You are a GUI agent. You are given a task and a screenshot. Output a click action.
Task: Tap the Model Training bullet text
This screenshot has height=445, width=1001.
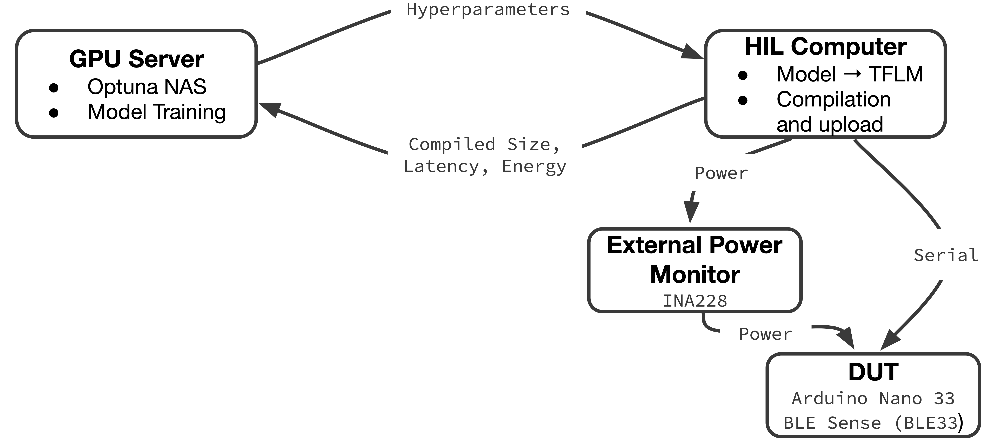click(x=157, y=112)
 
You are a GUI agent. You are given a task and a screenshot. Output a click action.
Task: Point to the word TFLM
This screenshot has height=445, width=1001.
click(x=896, y=74)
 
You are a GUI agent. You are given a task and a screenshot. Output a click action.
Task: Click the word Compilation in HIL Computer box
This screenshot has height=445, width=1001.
click(x=833, y=99)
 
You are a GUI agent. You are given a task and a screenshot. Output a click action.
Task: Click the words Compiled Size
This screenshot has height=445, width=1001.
click(x=484, y=145)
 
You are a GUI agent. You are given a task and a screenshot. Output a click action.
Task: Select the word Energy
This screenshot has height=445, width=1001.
click(x=534, y=166)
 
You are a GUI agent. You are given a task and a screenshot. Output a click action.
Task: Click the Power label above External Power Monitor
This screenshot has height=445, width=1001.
click(x=721, y=173)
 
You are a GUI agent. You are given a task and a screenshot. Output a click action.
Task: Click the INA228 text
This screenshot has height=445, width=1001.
click(x=695, y=301)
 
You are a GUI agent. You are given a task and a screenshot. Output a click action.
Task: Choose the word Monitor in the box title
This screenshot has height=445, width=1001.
click(x=695, y=275)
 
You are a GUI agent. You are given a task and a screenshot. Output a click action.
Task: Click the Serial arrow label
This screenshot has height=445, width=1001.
click(x=946, y=255)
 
